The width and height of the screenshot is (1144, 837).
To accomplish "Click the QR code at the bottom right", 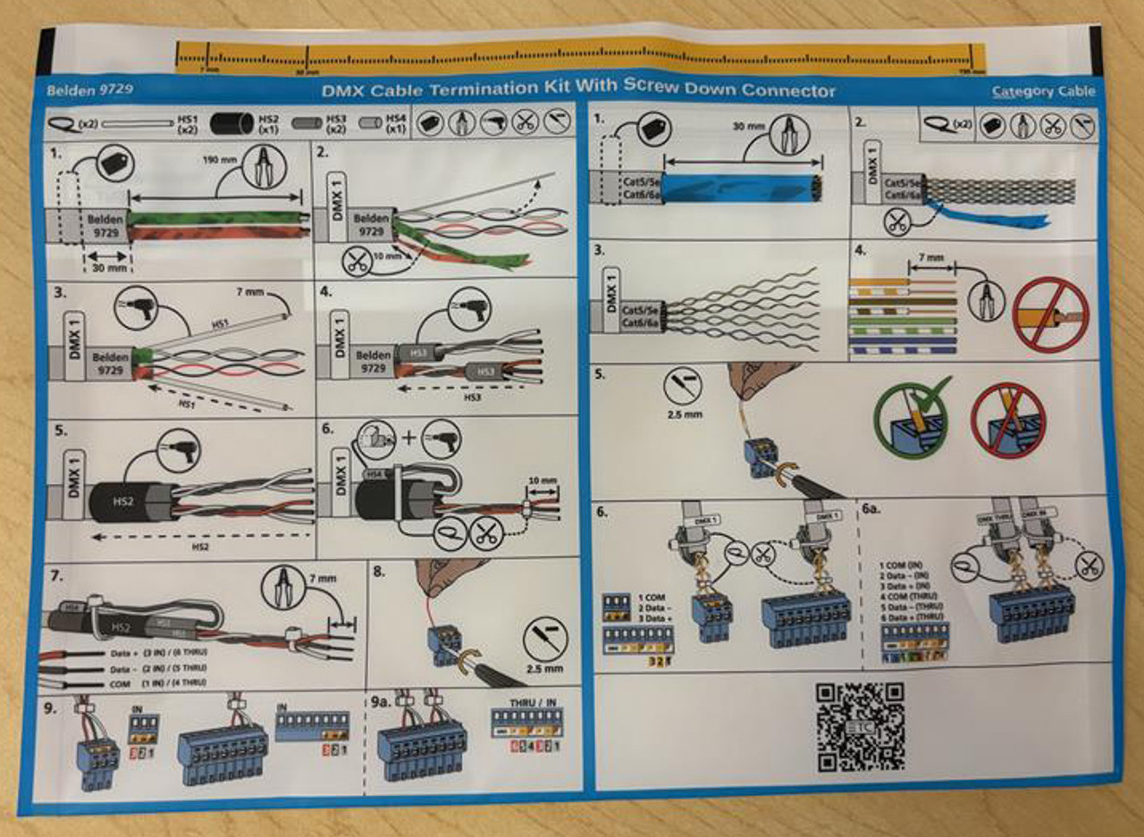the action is pyautogui.click(x=859, y=727).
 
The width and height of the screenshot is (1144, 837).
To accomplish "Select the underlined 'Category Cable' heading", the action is pyautogui.click(x=1043, y=91).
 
